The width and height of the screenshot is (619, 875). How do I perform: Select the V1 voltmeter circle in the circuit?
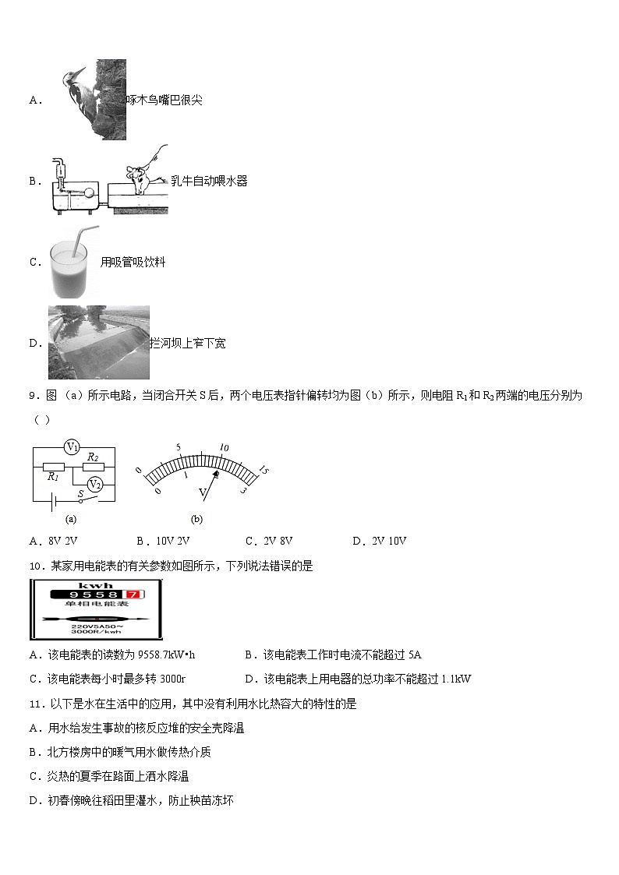pos(73,447)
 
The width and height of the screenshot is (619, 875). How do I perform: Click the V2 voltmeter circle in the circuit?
pos(94,484)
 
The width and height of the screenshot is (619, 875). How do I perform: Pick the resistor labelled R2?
pos(93,467)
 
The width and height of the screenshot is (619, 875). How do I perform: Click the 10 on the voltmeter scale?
pos(224,448)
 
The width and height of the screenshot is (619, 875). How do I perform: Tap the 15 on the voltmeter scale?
pos(264,470)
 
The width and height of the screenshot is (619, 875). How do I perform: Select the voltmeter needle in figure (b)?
pos(212,479)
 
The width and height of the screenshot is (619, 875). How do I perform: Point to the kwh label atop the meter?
pos(96,585)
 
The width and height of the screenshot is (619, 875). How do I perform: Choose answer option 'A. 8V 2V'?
pos(55,542)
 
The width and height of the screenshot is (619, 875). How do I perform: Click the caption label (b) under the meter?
pos(196,519)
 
